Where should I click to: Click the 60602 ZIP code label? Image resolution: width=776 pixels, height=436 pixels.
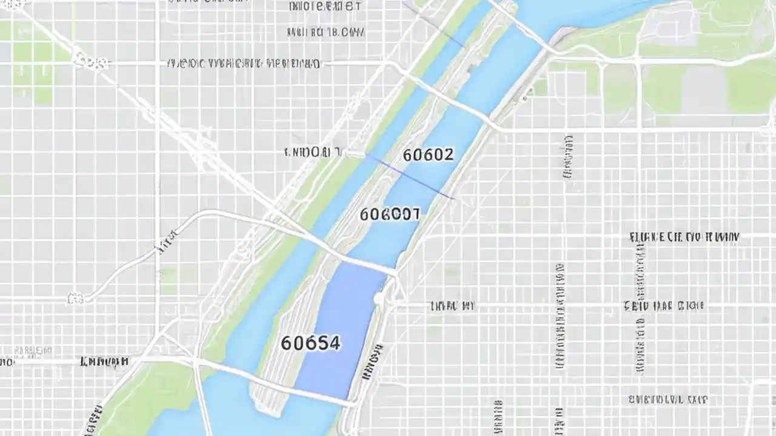[428, 155]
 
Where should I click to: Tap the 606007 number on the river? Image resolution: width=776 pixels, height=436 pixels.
[389, 214]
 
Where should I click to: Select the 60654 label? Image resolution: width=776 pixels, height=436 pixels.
[310, 343]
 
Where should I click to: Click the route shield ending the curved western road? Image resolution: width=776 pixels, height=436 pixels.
[76, 298]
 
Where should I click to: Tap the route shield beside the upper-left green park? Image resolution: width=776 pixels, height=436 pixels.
[91, 61]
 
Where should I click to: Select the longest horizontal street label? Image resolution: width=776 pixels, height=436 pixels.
[242, 63]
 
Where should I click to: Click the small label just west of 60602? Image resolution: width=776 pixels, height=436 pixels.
[313, 152]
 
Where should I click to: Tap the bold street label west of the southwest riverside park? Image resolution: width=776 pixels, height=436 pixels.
[104, 362]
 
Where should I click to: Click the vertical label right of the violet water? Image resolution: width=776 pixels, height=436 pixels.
[372, 362]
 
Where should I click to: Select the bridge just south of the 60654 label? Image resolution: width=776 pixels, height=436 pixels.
[303, 388]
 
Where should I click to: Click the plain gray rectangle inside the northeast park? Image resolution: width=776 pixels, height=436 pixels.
[703, 91]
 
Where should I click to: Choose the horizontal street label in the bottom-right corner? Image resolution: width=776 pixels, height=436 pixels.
[667, 400]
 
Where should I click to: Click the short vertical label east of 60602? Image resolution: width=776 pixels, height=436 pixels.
[568, 156]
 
